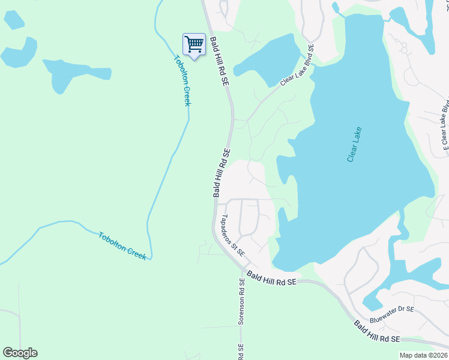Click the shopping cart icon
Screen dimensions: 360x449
(x=193, y=44)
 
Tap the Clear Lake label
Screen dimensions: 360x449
(x=354, y=145)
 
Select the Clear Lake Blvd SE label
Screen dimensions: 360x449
(x=297, y=66)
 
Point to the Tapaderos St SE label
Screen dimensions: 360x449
(x=233, y=236)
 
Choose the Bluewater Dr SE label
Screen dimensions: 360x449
(x=392, y=309)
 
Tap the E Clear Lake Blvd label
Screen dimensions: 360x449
(x=445, y=126)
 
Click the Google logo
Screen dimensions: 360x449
(x=20, y=353)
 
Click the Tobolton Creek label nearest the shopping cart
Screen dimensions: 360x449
(x=182, y=81)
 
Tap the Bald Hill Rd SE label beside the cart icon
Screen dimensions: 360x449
(x=220, y=62)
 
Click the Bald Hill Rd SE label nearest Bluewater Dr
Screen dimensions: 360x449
(x=376, y=332)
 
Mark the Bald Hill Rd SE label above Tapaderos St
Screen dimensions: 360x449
(x=221, y=173)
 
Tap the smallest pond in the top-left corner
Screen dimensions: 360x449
(x=14, y=19)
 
